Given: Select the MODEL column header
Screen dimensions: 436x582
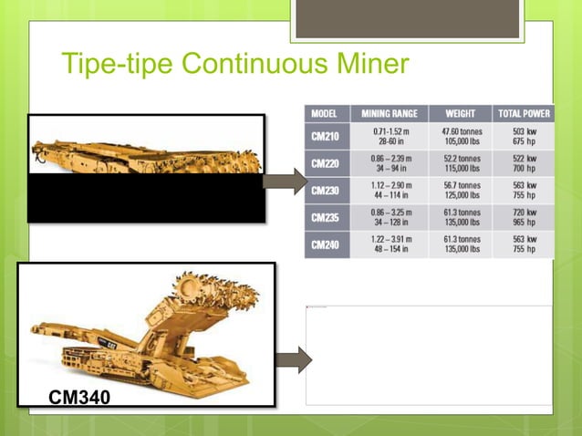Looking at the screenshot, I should click(326, 114).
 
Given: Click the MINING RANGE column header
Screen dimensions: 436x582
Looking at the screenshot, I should click(390, 114).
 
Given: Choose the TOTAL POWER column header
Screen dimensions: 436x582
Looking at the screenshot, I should click(523, 114).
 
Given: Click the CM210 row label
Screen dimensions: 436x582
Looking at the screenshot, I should click(326, 137).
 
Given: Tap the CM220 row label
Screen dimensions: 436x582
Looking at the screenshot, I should click(326, 164).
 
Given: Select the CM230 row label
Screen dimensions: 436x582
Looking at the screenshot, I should click(326, 192).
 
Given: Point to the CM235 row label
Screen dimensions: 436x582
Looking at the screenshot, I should click(326, 218).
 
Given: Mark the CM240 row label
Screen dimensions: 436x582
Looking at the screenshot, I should click(326, 244).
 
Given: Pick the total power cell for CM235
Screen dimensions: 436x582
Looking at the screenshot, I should click(523, 218).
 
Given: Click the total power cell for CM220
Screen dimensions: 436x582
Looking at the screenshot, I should click(523, 164).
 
